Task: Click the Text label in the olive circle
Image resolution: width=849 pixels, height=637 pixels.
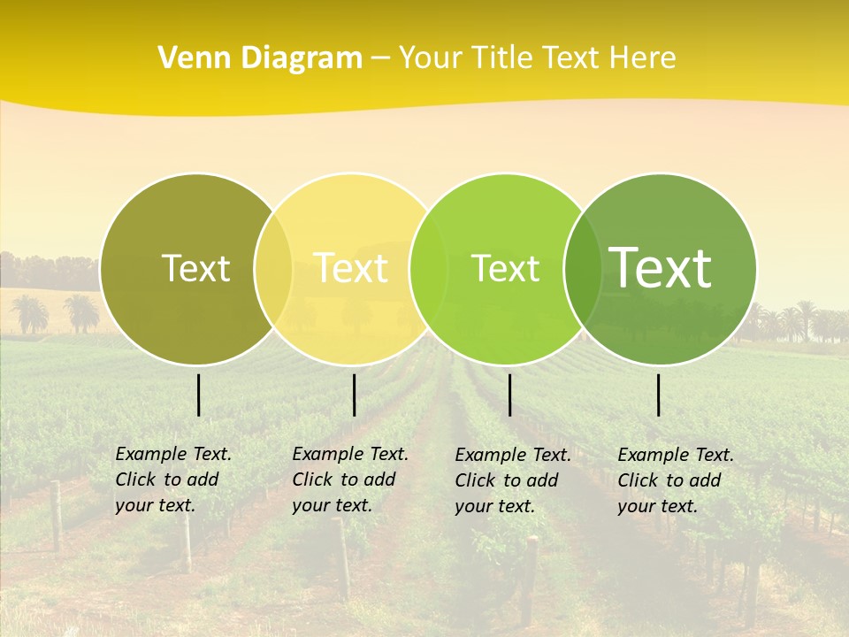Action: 195,268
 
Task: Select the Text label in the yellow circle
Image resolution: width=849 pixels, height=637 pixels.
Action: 351,268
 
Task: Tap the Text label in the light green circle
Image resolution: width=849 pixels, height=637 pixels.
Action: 505,268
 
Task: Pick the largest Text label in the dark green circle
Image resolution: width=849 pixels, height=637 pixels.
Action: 661,267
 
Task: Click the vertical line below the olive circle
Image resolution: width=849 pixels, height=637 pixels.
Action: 198,395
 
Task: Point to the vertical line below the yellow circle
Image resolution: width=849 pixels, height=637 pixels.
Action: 354,395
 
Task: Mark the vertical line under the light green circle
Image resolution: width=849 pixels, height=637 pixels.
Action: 509,395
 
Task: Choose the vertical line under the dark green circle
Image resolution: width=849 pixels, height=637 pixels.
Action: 659,395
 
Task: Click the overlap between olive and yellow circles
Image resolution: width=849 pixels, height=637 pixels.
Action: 273,268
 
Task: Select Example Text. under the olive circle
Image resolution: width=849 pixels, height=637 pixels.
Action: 173,454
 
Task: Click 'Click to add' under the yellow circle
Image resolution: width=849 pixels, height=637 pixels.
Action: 343,480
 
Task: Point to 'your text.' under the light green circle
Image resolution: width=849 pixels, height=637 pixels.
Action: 494,507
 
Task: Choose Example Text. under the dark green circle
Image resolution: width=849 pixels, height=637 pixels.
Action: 676,455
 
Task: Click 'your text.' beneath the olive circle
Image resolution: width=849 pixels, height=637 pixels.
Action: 155,506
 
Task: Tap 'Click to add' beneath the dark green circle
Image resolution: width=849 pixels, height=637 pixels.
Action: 669,480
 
